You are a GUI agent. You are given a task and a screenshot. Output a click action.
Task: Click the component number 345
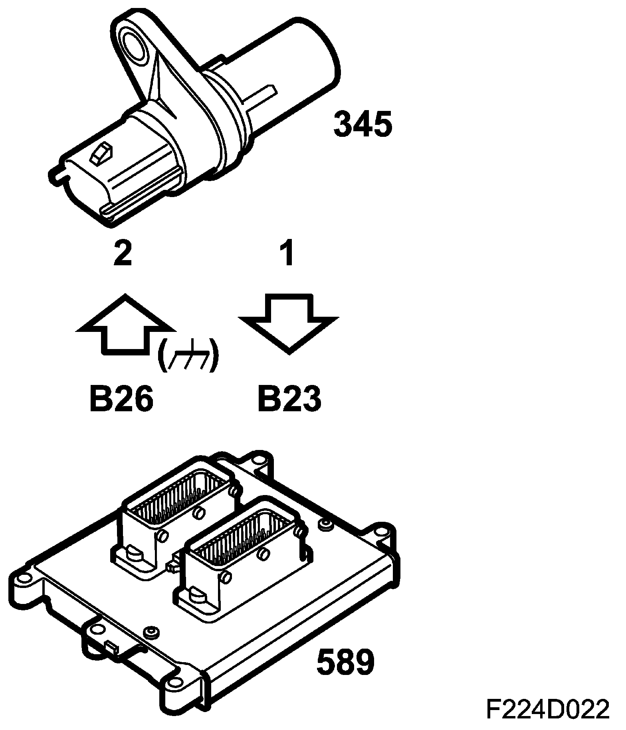[x=363, y=124]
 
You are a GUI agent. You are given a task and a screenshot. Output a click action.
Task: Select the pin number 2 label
[x=123, y=253]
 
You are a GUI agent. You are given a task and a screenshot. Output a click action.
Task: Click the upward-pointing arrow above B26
[x=125, y=324]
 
